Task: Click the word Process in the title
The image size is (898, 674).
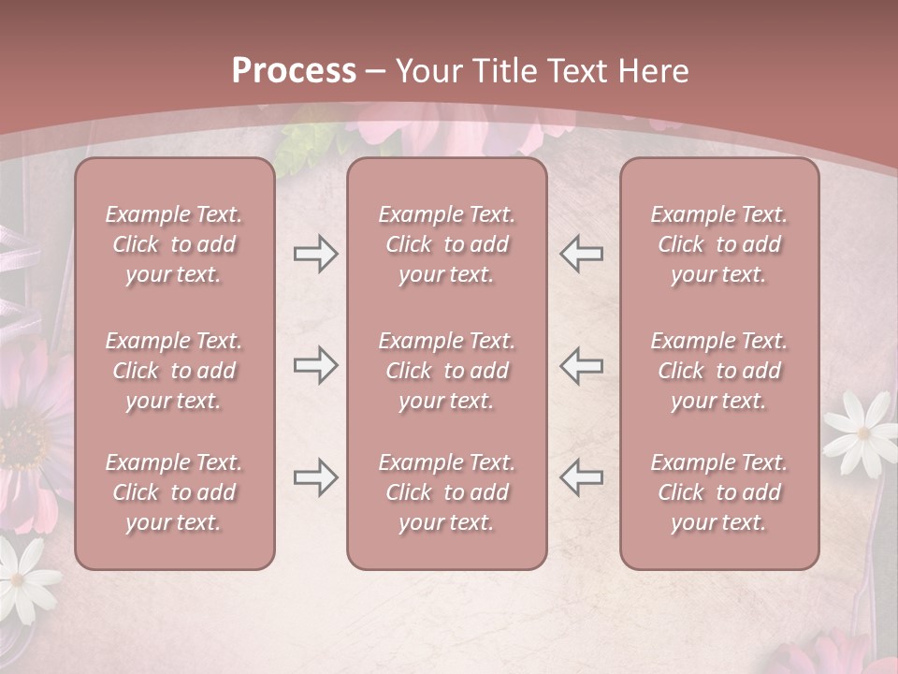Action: (x=294, y=71)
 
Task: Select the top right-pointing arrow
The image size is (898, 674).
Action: (x=315, y=254)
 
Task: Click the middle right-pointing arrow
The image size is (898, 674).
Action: (x=315, y=365)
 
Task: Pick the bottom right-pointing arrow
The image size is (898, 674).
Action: (x=315, y=477)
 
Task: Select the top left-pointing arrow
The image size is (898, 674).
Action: (x=581, y=254)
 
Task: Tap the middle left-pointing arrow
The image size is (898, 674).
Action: (x=581, y=365)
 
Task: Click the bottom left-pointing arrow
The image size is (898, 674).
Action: (x=581, y=477)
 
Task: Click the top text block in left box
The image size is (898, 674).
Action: (x=174, y=244)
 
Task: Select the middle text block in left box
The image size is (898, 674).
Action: (x=174, y=371)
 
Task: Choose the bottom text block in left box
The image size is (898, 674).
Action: (x=174, y=492)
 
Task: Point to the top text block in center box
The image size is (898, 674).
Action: (x=447, y=244)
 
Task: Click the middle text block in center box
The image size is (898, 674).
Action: (x=447, y=371)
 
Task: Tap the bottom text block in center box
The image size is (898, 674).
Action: (x=447, y=492)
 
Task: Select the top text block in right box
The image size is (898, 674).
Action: (x=719, y=244)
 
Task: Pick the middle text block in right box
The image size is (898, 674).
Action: (x=719, y=371)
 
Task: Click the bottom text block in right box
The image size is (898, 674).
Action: (x=719, y=492)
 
